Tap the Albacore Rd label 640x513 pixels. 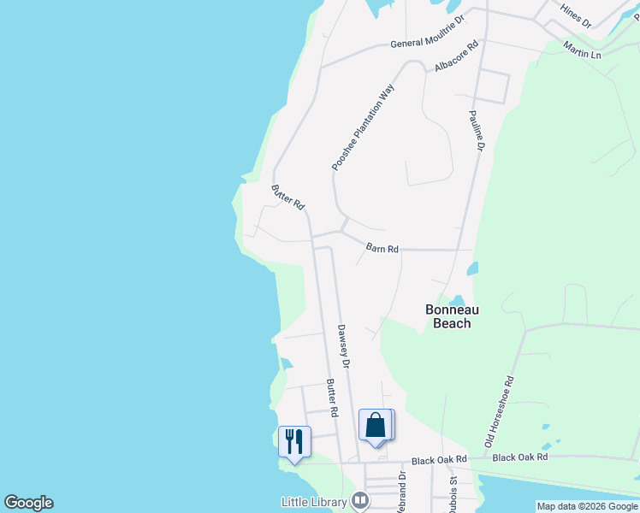pyautogui.click(x=455, y=56)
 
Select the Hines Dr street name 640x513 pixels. pyautogui.click(x=575, y=15)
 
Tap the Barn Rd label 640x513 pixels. pyautogui.click(x=382, y=248)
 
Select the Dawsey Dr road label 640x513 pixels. pyautogui.click(x=343, y=345)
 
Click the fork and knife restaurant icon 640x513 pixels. pyautogui.click(x=294, y=441)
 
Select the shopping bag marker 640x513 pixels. pyautogui.click(x=376, y=424)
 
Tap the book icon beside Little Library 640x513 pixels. pyautogui.click(x=360, y=500)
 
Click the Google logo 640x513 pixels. pyautogui.click(x=28, y=503)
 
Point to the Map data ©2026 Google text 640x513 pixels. pyautogui.click(x=587, y=506)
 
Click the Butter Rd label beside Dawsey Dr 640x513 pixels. pyautogui.click(x=331, y=398)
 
